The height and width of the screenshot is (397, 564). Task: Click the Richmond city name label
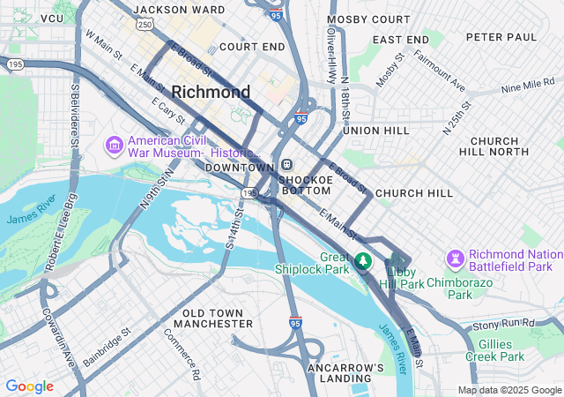pyautogui.click(x=211, y=92)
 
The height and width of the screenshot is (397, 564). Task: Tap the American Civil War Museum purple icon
pyautogui.click(x=114, y=144)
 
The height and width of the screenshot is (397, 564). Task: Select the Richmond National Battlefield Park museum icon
pyautogui.click(x=456, y=258)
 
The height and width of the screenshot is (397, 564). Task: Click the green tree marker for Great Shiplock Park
pyautogui.click(x=363, y=262)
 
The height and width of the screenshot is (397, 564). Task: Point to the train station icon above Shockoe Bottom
pyautogui.click(x=287, y=165)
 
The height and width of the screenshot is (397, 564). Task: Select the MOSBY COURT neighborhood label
pyautogui.click(x=367, y=19)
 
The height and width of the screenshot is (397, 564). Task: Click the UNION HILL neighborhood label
pyautogui.click(x=376, y=130)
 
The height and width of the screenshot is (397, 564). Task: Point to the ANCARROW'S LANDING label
pyautogui.click(x=346, y=372)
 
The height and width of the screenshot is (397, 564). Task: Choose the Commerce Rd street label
pyautogui.click(x=182, y=354)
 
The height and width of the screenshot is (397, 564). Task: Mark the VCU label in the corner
pyautogui.click(x=52, y=18)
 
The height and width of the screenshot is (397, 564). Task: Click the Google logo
pyautogui.click(x=29, y=386)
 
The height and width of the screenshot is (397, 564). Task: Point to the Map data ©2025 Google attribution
pyautogui.click(x=508, y=390)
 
